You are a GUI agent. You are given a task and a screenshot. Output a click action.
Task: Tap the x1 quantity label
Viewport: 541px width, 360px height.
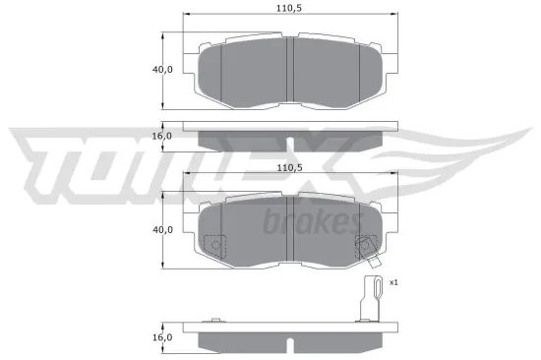coord(393,282)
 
